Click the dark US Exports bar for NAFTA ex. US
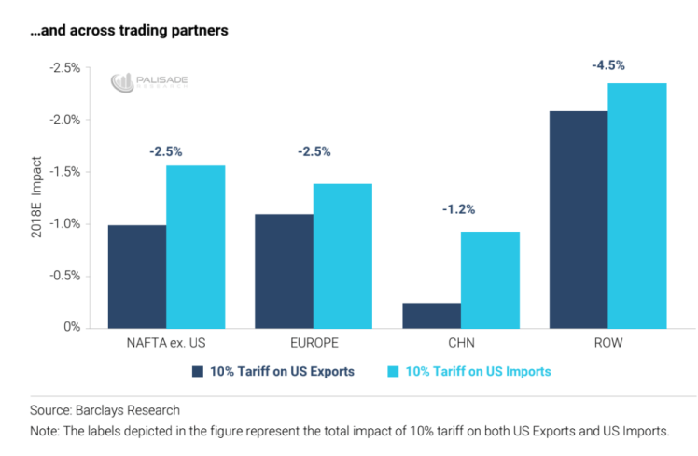click(137, 277)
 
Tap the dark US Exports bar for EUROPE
click(285, 271)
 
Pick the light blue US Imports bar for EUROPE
click(343, 256)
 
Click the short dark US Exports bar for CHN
click(431, 315)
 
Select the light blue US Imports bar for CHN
click(490, 280)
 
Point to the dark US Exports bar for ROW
click(579, 220)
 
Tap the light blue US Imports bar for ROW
click(637, 206)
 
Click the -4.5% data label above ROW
click(608, 65)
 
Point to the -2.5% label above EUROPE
click(314, 151)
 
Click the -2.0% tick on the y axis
click(65, 120)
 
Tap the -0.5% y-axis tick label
click(65, 276)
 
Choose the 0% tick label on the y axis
click(71, 327)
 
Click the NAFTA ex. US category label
click(166, 343)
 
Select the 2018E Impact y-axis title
click(35, 199)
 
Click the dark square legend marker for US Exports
click(197, 371)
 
